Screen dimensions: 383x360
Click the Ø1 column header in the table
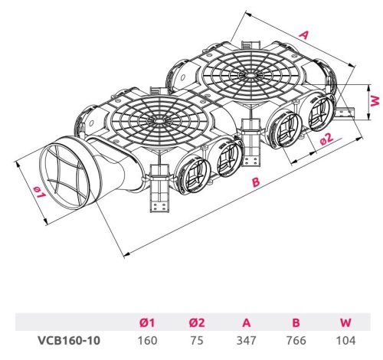tap(147, 322)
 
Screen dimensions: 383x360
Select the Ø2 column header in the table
tap(197, 322)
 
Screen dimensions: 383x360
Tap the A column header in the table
tap(247, 322)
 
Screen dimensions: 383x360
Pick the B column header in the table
tap(296, 322)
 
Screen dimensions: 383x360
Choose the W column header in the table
tap(345, 322)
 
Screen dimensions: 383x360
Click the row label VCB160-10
tap(69, 340)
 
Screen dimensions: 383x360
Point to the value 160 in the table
tap(147, 340)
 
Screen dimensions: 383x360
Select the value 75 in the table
tap(197, 340)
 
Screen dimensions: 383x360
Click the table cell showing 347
tap(247, 340)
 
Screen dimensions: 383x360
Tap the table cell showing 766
tap(296, 340)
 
